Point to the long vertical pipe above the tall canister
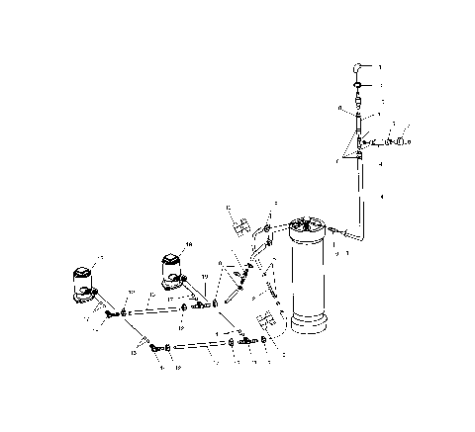[x=360, y=193]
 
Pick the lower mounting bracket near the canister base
[x=265, y=325]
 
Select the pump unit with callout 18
[x=170, y=270]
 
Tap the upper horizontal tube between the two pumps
[x=154, y=310]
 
